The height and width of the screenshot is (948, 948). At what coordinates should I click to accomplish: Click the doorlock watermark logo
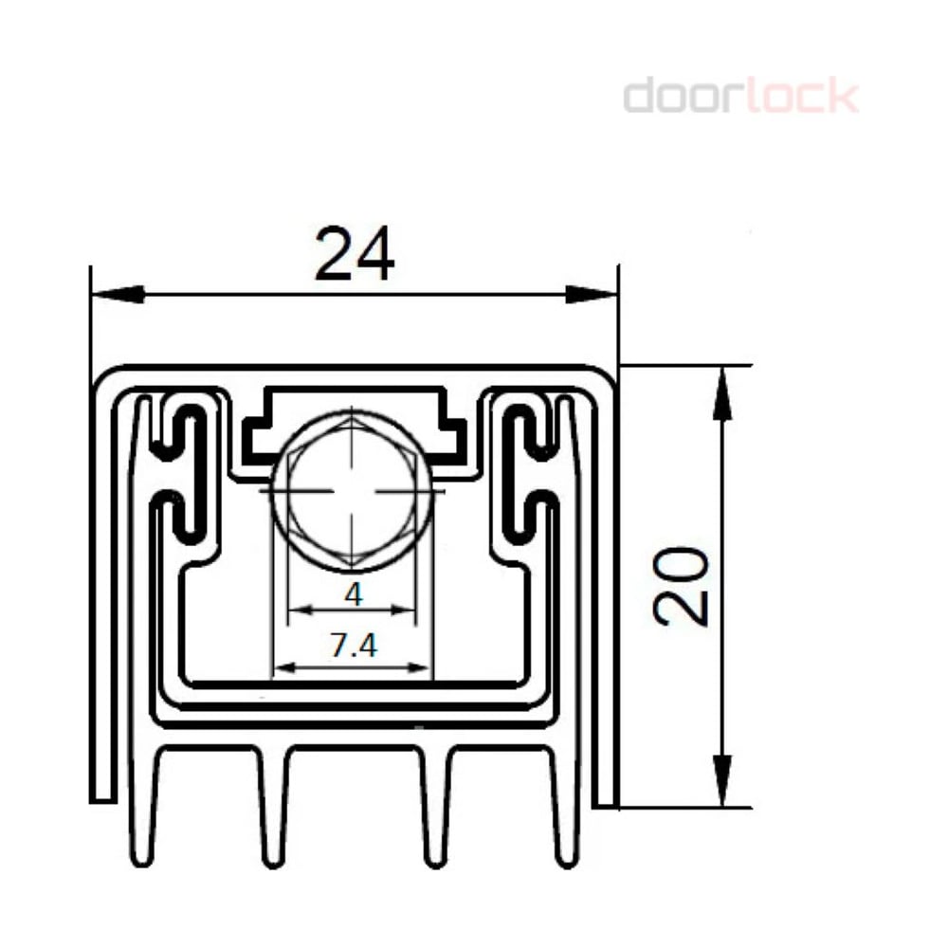[740, 95]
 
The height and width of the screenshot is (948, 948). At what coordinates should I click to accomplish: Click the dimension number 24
[355, 253]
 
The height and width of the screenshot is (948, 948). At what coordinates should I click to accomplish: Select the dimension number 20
[681, 586]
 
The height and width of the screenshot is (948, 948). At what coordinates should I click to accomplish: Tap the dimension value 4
[353, 594]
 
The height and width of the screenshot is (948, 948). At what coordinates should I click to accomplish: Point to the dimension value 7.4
[354, 645]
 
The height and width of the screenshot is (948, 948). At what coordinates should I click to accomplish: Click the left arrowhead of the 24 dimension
[118, 295]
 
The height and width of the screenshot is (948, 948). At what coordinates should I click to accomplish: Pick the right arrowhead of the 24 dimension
[592, 295]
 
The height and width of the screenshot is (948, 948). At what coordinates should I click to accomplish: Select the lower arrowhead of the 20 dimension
[722, 780]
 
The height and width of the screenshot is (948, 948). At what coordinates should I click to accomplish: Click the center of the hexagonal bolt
[353, 490]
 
